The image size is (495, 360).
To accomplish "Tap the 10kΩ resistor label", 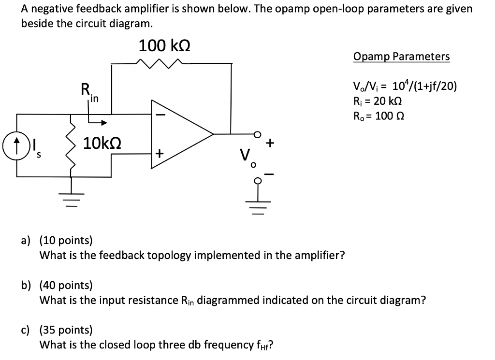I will click(102, 143).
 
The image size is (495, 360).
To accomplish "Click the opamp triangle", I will click(181, 134).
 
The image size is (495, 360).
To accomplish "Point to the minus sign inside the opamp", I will click(160, 115).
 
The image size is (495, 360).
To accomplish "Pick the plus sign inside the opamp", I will click(160, 154).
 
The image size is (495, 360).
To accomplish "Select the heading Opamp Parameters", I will click(401, 57).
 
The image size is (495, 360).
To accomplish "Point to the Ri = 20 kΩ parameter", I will click(378, 101).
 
